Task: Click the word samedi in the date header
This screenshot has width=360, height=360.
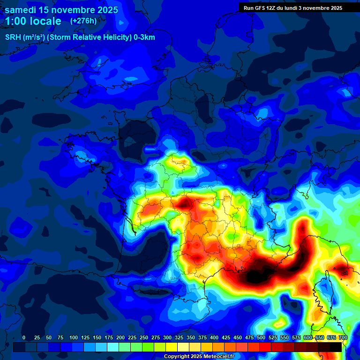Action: [22, 10]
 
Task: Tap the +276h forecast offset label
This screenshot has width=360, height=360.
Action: [83, 21]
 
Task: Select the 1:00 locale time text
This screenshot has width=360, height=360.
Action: [33, 21]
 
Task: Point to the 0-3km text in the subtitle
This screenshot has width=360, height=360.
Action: [143, 37]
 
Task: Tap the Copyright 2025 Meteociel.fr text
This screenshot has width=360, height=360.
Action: [199, 356]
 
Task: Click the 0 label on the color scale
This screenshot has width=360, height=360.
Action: [24, 337]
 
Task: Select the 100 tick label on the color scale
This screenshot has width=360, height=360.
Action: [74, 337]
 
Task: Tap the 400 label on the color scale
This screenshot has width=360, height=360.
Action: [214, 337]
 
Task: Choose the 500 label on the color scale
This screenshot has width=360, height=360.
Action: [261, 337]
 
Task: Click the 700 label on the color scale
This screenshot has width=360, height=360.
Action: [343, 337]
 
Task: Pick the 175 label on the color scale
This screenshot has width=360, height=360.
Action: [109, 337]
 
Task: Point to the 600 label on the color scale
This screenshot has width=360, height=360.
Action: [308, 337]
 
